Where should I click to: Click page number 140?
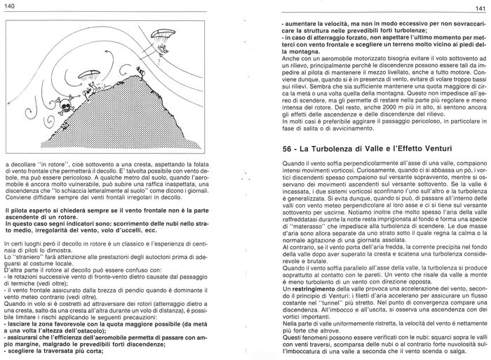(x=9, y=6)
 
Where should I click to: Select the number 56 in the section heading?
(x=268, y=169)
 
